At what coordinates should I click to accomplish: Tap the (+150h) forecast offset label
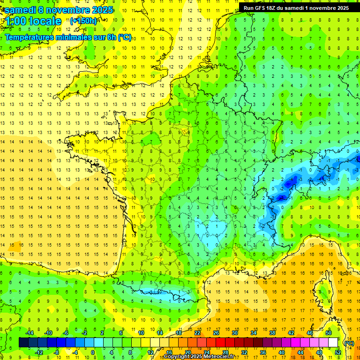83,21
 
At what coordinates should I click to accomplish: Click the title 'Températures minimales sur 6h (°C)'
68,37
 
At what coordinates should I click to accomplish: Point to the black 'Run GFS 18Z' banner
296,7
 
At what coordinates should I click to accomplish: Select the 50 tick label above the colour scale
329,332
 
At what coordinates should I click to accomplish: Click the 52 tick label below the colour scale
338,352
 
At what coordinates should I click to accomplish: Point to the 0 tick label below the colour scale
93,352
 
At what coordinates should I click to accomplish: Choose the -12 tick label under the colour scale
38,352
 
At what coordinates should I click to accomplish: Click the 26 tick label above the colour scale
216,332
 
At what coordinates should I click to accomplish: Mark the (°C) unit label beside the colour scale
349,343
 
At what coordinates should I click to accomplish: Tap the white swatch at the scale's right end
333,343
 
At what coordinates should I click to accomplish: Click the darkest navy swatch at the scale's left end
23,343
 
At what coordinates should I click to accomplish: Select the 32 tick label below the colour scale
244,352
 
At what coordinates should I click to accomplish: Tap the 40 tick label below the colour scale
282,352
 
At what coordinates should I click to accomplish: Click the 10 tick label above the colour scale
141,332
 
